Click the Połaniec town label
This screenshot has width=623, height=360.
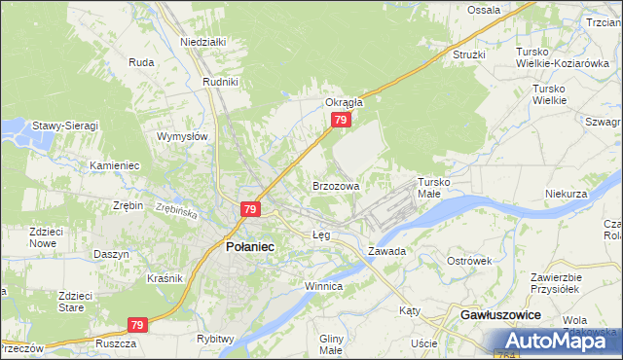[x=250, y=247]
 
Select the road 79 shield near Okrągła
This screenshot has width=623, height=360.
[x=340, y=120]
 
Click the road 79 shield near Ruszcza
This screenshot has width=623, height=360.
[x=137, y=325]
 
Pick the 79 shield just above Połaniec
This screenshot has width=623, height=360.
[x=250, y=209]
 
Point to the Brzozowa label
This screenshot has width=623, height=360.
[x=336, y=185]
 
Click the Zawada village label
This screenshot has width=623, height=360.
[x=385, y=251]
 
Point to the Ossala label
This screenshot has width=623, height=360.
[x=484, y=10]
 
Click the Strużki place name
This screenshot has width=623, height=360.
[x=468, y=54]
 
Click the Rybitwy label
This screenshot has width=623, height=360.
[x=215, y=339]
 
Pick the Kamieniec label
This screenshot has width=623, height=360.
[x=115, y=165]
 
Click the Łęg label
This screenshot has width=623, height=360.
[x=321, y=235]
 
